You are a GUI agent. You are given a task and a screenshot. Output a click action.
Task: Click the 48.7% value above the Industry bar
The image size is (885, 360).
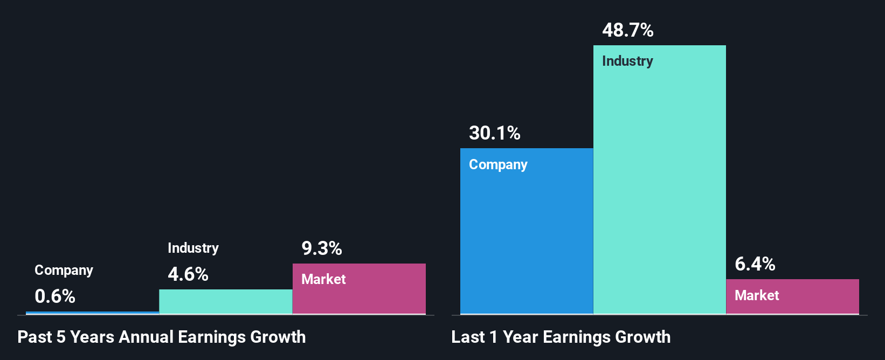627,30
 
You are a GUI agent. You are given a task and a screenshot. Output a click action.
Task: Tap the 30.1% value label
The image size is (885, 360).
494,133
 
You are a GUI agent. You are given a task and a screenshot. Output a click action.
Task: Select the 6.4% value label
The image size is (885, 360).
755,264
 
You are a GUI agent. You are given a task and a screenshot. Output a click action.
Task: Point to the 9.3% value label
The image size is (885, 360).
321,248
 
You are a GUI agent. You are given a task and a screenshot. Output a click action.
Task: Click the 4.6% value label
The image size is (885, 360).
188,274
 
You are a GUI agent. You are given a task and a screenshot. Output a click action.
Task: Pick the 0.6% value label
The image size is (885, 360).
54,296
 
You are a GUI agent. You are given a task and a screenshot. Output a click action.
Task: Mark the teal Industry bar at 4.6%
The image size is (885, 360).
225,302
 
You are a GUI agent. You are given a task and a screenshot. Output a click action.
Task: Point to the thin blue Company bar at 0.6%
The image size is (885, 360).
92,313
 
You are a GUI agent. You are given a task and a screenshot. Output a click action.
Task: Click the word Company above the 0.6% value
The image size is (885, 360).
64,270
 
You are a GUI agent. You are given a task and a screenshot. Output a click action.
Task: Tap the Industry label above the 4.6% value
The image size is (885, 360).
193,248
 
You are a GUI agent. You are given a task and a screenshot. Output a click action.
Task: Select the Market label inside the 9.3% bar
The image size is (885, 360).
323,279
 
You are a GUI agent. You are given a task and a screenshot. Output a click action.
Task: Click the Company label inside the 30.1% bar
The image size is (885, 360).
498,164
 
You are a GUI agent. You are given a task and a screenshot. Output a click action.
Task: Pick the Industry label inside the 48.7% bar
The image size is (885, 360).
627,61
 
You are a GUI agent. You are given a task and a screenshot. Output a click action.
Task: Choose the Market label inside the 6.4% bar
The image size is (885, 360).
757,295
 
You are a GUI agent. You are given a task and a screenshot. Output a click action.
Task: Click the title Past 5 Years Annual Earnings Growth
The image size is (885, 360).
161,337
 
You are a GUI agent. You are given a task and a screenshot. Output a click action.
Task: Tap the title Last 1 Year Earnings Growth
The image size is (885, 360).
561,337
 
